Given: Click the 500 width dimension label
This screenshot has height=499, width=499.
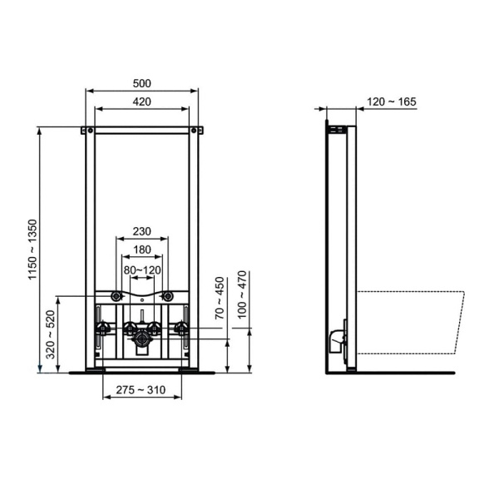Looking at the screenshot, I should click(x=141, y=84).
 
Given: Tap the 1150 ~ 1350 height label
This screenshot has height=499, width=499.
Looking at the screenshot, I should click(x=33, y=250).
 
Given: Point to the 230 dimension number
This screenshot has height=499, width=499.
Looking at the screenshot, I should click(x=141, y=232).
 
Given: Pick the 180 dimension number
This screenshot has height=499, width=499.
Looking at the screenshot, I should click(x=141, y=250).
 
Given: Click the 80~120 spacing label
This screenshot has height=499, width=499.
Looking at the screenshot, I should click(x=141, y=269).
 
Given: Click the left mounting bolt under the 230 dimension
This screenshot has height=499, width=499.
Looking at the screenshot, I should click(x=117, y=296).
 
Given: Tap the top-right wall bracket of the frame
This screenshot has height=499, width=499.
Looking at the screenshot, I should click(x=198, y=131).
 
